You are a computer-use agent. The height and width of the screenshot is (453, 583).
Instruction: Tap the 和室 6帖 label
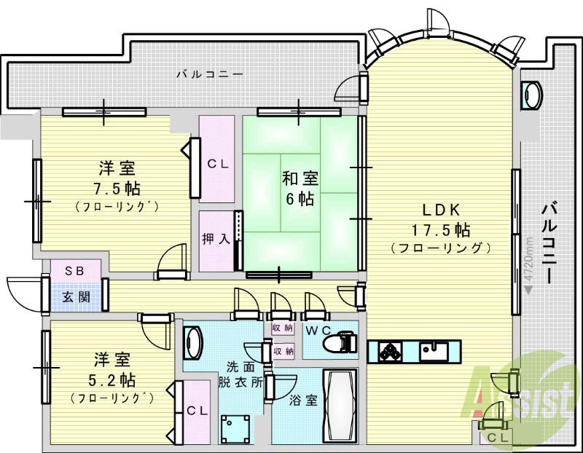pyautogui.click(x=298, y=186)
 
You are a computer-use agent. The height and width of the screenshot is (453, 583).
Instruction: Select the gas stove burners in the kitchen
pyautogui.click(x=389, y=351)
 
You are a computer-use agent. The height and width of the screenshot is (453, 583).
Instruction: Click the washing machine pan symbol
pyautogui.click(x=235, y=427)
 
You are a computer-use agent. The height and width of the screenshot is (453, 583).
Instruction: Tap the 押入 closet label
pyautogui.click(x=215, y=238)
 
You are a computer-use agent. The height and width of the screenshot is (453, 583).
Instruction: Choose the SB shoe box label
pyautogui.click(x=75, y=270)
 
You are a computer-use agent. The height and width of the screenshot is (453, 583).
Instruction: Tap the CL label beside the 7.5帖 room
pyautogui.click(x=218, y=165)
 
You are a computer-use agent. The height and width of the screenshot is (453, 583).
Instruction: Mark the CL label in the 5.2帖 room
pyautogui.click(x=197, y=411)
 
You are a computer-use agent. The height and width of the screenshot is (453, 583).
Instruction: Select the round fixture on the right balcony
pyautogui.click(x=532, y=94)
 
